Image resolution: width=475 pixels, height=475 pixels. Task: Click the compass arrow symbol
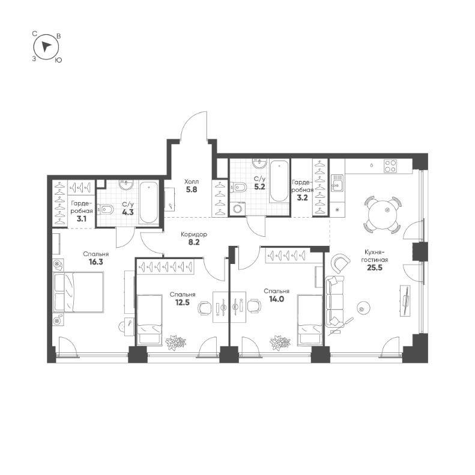coord(46,47)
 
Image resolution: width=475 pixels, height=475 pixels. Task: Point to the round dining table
coord(382,214)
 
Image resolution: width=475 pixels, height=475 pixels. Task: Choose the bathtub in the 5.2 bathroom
coord(279,181)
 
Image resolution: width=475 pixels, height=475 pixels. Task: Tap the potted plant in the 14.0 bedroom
coord(280,342)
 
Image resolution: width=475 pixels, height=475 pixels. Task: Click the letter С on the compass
coord(36,35)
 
